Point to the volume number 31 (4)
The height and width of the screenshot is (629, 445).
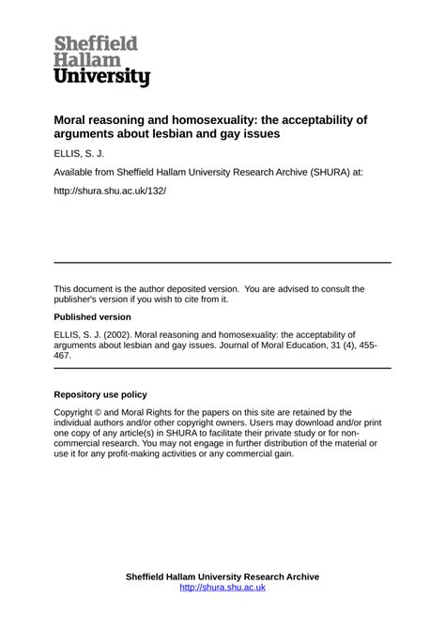coord(355,345)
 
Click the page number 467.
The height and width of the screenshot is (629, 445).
coord(63,357)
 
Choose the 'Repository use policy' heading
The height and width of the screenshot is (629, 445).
coord(100,395)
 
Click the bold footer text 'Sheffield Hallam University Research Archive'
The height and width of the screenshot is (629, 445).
coord(222,576)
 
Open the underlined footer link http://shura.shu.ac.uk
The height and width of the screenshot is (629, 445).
coord(222,588)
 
